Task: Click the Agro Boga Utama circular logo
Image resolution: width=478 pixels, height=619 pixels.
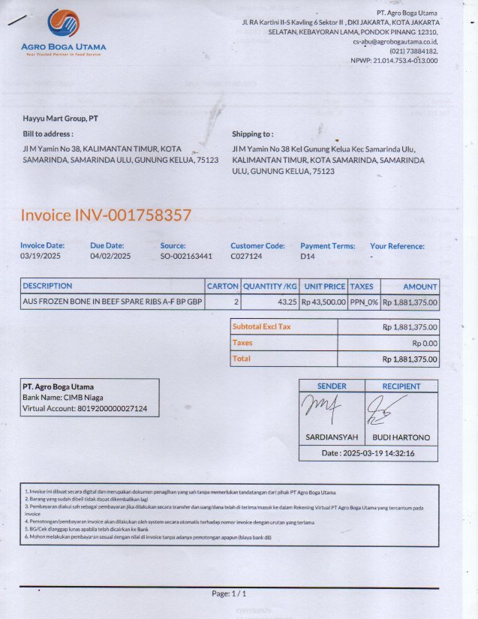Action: click(x=63, y=24)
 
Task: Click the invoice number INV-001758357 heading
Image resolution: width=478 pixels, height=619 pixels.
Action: click(x=106, y=216)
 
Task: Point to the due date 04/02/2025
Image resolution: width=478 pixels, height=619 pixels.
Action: click(x=110, y=257)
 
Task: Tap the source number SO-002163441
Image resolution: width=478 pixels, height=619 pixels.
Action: click(x=186, y=257)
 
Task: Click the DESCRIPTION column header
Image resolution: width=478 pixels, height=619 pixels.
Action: click(x=47, y=286)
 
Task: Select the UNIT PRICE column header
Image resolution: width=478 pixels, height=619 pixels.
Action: click(x=324, y=287)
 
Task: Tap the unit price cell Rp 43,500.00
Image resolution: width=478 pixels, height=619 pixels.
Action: click(x=323, y=302)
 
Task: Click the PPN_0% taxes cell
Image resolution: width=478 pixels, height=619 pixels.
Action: click(x=364, y=302)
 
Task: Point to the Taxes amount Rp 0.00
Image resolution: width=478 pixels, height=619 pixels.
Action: click(x=425, y=343)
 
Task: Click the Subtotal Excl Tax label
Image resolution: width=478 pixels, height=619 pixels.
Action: click(x=262, y=327)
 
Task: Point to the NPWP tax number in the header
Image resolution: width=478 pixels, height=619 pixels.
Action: click(x=394, y=61)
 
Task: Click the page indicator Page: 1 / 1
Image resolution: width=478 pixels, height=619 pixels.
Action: click(x=229, y=593)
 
